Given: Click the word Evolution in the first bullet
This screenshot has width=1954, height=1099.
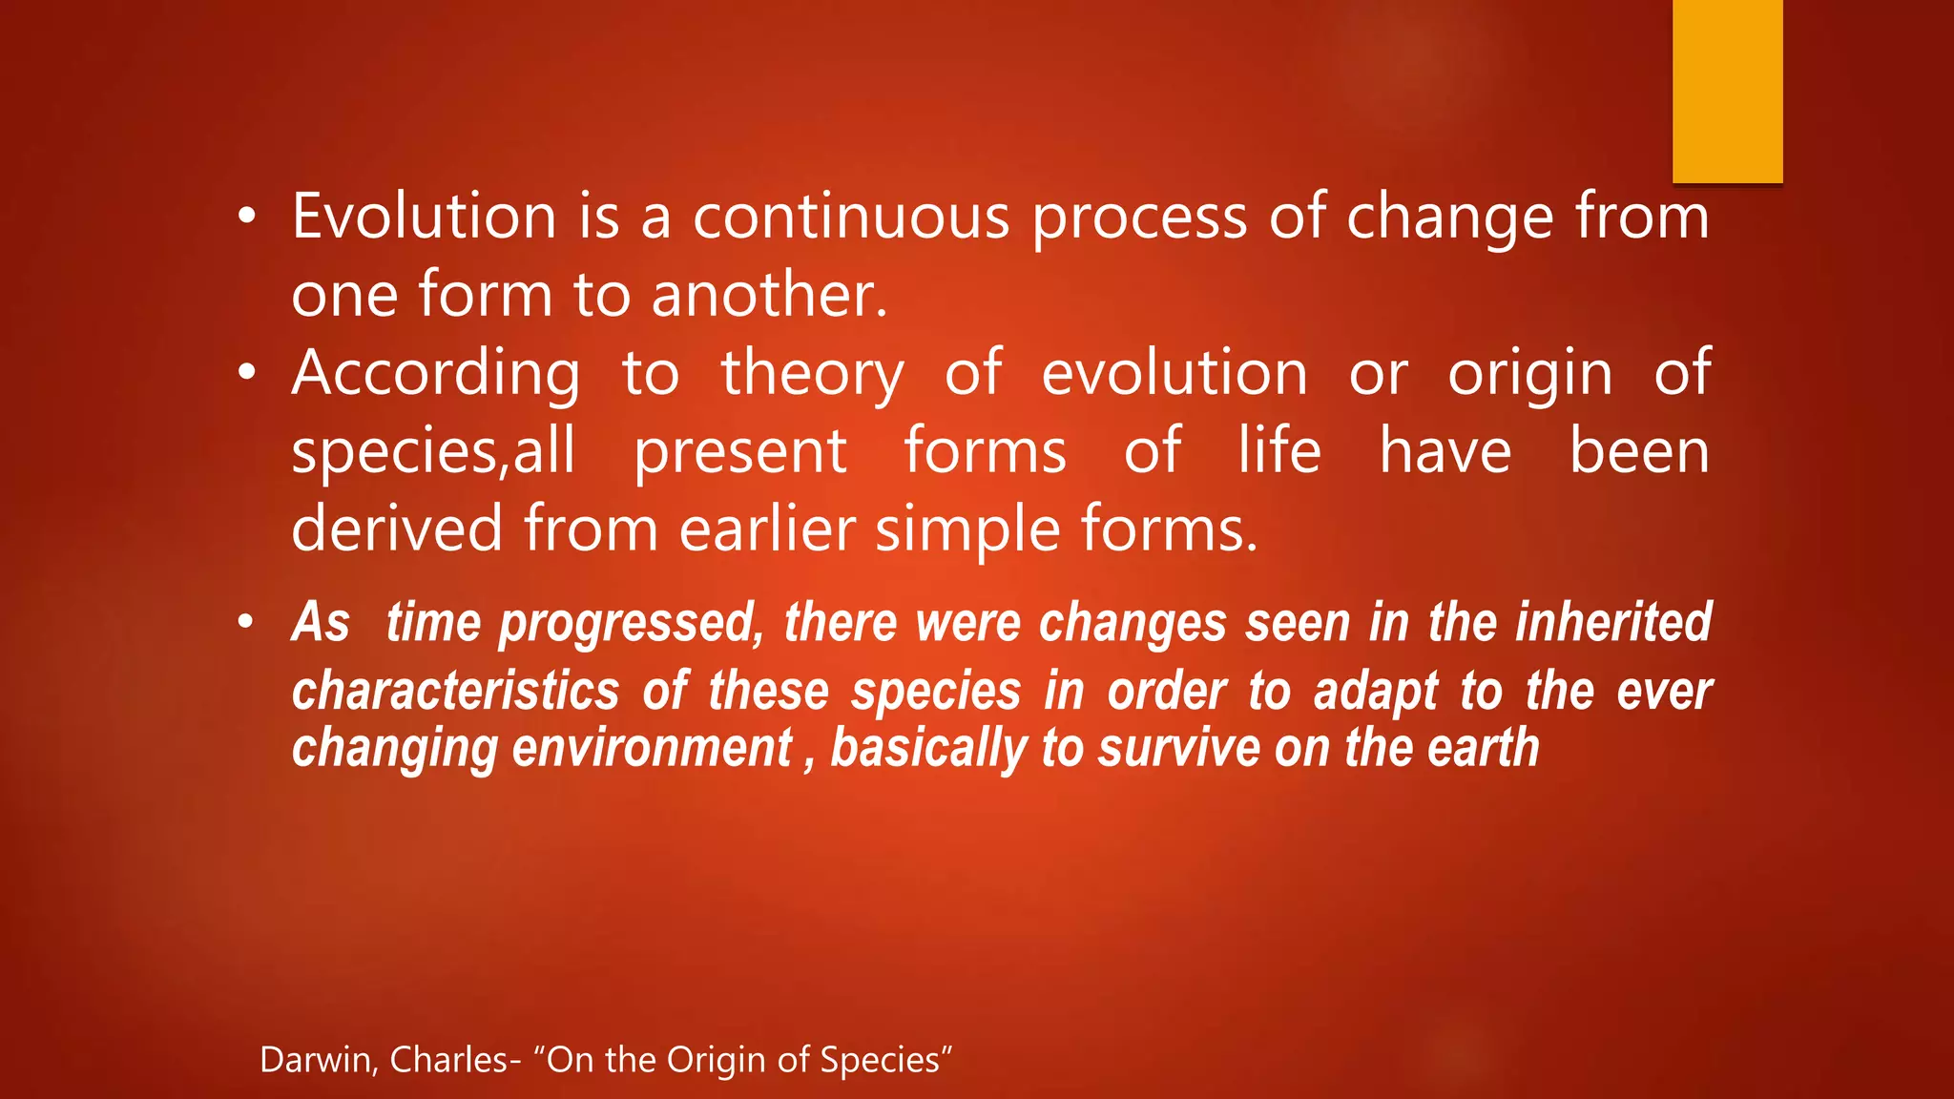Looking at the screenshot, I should pyautogui.click(x=424, y=217).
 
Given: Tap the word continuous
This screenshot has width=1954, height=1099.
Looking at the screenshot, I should pyautogui.click(x=850, y=217).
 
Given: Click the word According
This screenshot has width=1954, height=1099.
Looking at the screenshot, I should pyautogui.click(x=436, y=375).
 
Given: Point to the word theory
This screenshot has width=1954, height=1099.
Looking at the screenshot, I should pyautogui.click(x=812, y=375).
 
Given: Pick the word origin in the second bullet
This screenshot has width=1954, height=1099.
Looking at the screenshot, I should pyautogui.click(x=1529, y=373).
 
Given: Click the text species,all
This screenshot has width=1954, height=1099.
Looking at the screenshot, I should pyautogui.click(x=433, y=452).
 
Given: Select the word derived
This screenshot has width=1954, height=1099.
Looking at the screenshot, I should pyautogui.click(x=396, y=529).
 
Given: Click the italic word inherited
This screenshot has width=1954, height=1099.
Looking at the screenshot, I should pyautogui.click(x=1613, y=622).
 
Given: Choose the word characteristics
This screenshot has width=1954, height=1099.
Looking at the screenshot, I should pyautogui.click(x=455, y=691).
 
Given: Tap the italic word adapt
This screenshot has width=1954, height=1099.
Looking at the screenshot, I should pyautogui.click(x=1375, y=692).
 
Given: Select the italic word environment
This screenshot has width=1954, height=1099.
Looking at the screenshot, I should pyautogui.click(x=652, y=748).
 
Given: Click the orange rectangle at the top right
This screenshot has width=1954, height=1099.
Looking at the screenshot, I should pyautogui.click(x=1727, y=91).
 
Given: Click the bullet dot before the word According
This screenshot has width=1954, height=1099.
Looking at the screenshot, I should pyautogui.click(x=247, y=374).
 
